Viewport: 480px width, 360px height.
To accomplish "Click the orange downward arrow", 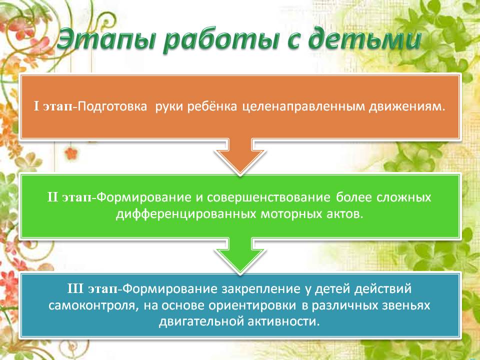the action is click(240, 156).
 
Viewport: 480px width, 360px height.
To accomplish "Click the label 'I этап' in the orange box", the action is click(53, 106).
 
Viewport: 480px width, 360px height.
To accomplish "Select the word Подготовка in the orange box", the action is click(112, 106).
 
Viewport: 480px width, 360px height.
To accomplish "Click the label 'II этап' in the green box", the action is click(69, 197).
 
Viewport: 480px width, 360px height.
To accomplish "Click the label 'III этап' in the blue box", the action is click(92, 288).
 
